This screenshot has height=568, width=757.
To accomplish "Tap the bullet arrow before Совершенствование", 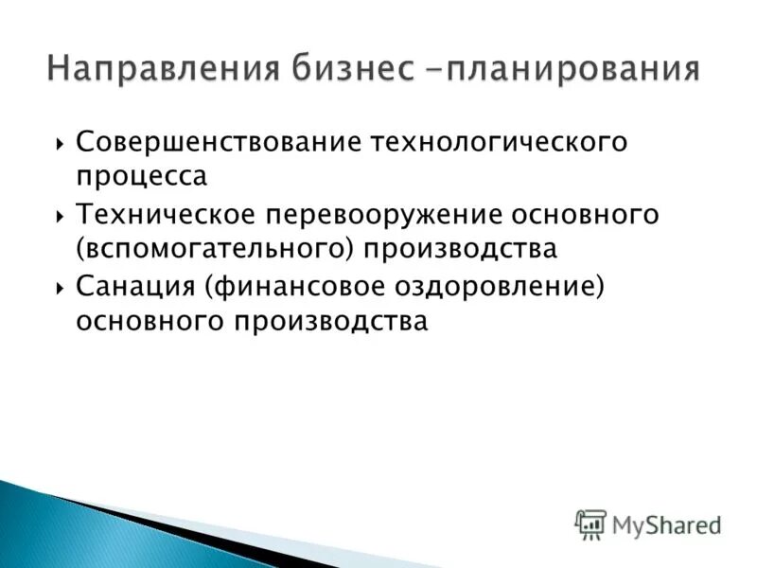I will click(x=60, y=144).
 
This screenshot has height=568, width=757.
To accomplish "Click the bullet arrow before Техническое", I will click(x=60, y=216).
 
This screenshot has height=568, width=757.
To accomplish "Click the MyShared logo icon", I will click(x=590, y=524).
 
